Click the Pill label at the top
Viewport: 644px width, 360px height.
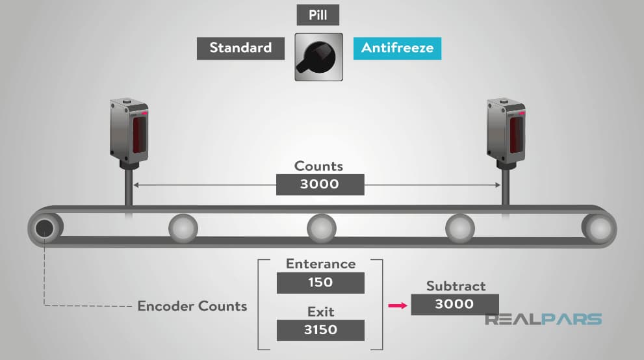(x=318, y=15)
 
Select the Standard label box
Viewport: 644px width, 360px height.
(x=240, y=49)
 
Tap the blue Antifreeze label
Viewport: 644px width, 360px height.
(x=397, y=49)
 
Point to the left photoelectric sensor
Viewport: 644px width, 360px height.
(x=129, y=131)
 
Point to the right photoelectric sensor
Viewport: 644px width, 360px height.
(x=506, y=131)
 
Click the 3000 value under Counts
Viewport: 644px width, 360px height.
(x=320, y=185)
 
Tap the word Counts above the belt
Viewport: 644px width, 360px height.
(x=318, y=166)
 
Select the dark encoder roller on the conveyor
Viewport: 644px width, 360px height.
(x=45, y=228)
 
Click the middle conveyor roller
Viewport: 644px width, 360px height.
(x=322, y=228)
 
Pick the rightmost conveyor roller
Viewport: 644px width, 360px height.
(x=598, y=228)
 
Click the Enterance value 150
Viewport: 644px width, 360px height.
(x=320, y=283)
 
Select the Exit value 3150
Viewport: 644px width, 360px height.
(x=320, y=330)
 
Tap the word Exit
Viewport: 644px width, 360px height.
(x=321, y=312)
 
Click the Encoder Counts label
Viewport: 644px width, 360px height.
(x=192, y=306)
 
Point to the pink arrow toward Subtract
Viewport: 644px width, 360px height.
(x=398, y=305)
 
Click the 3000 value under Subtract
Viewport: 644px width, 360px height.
(x=455, y=304)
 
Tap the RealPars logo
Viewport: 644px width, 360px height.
(x=543, y=319)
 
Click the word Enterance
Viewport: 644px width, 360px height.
(x=321, y=264)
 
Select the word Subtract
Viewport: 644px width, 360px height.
(x=456, y=286)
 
